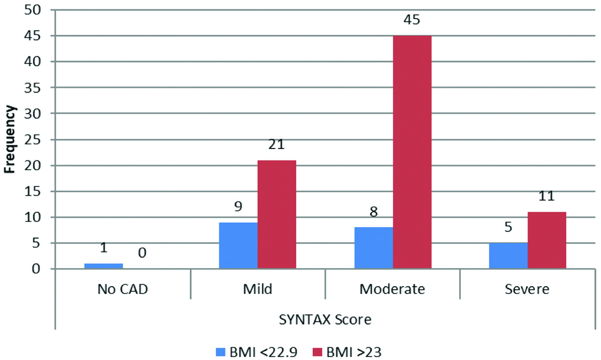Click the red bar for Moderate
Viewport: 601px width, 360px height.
pos(412,152)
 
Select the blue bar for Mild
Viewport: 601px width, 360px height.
pos(239,245)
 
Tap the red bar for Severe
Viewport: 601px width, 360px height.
pos(547,240)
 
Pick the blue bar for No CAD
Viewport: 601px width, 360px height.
pos(103,266)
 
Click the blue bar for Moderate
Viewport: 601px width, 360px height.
pos(374,248)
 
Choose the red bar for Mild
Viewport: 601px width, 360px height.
pos(277,215)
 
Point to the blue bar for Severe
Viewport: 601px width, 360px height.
pos(508,255)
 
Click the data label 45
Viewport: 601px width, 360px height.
pos(412,19)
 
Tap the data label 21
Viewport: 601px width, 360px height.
pos(277,144)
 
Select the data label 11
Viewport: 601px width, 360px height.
pos(547,196)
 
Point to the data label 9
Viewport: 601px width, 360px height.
pos(239,206)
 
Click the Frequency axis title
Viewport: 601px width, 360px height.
pos(10,139)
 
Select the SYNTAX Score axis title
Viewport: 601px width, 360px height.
pos(325,320)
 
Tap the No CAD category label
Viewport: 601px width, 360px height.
pos(123,289)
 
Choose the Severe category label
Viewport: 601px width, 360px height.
pos(527,289)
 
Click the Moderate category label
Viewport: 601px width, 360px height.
pos(392,289)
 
